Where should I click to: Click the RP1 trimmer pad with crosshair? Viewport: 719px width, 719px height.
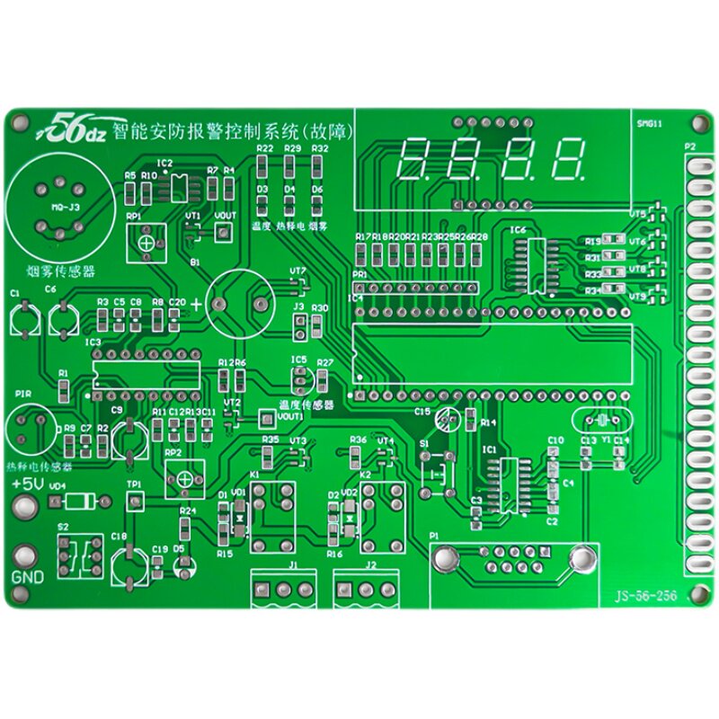pos(145,241)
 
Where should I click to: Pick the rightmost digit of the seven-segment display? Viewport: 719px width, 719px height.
pos(567,159)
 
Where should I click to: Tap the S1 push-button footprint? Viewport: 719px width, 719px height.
pos(438,471)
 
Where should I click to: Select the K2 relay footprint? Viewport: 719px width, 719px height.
pos(382,517)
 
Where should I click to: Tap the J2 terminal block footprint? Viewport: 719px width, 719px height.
pos(368,589)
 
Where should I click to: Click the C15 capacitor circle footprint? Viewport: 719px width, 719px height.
pos(447,419)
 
